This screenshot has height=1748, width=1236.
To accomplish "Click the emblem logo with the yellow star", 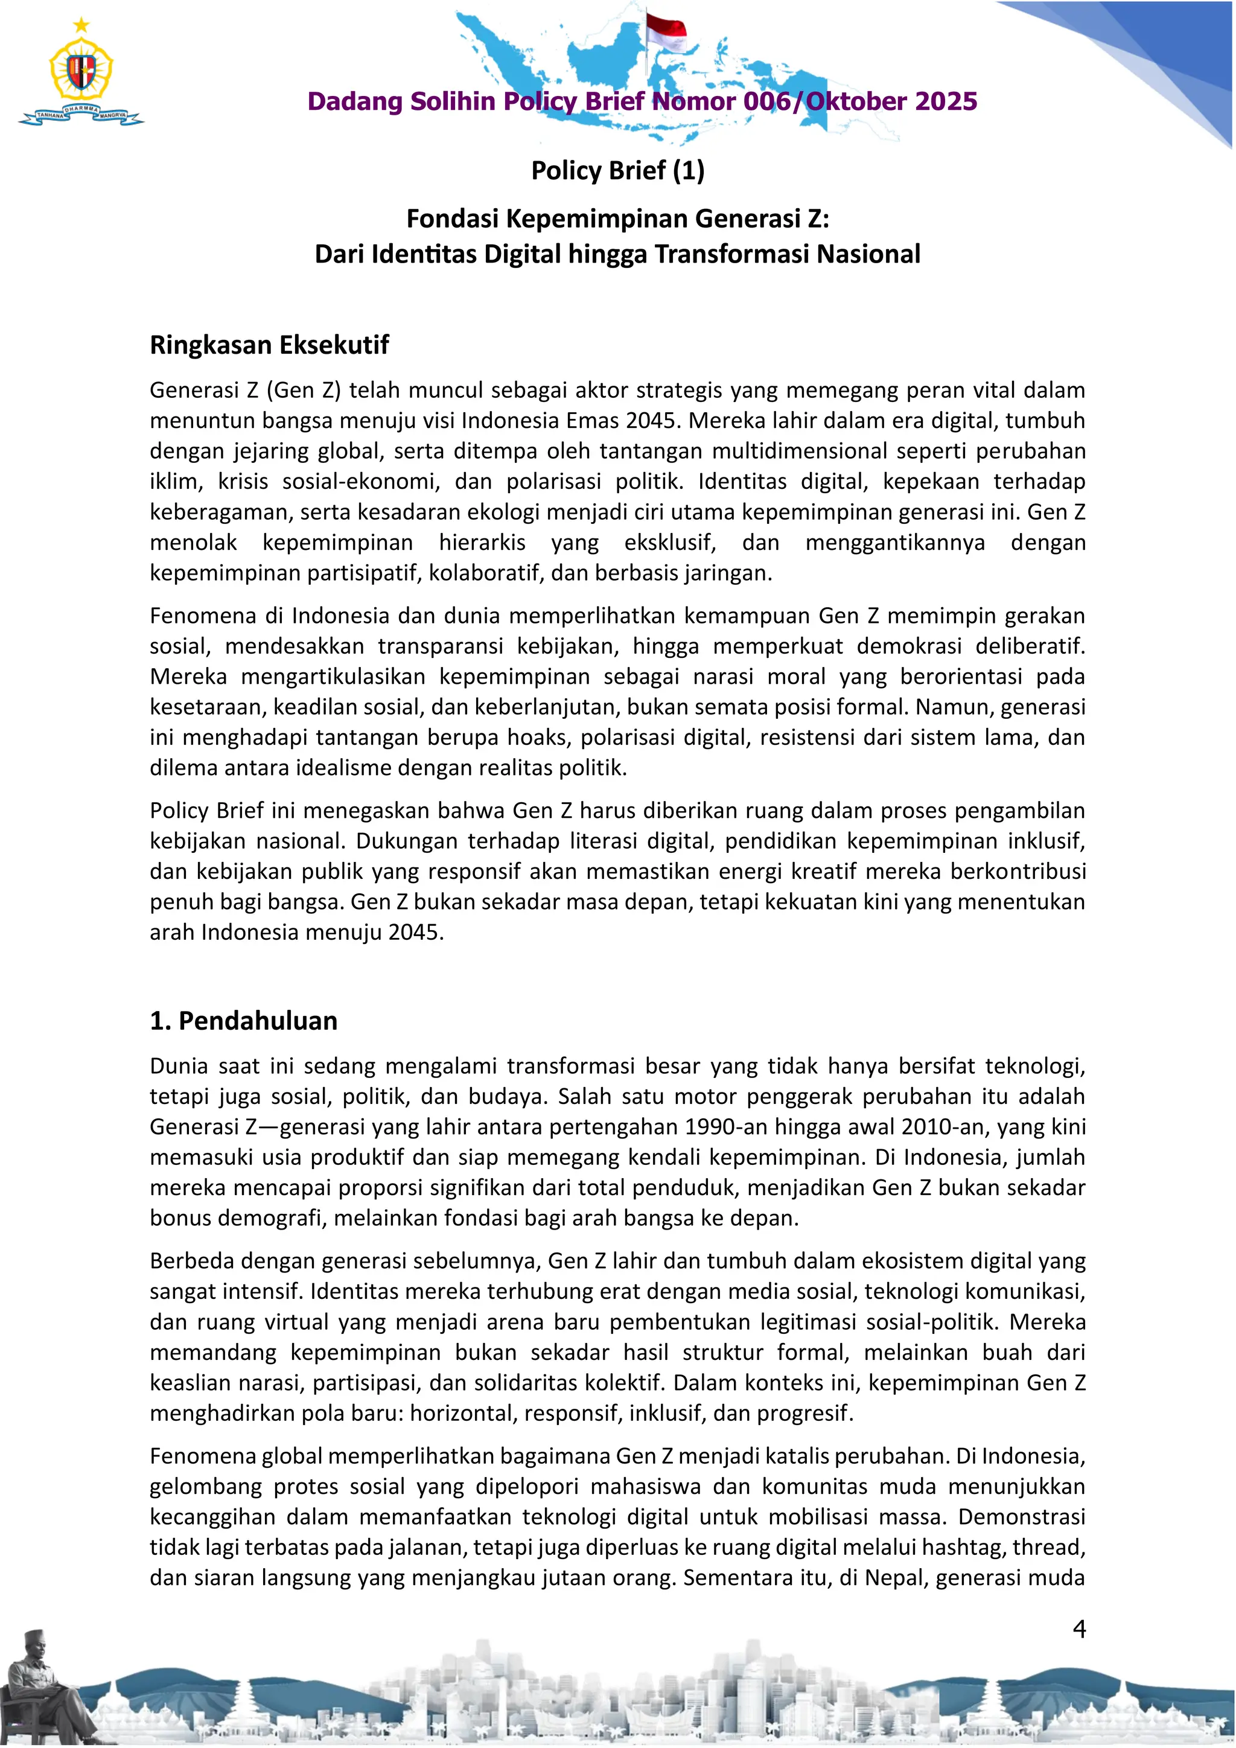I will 81,73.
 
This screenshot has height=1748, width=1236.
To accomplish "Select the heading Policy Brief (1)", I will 617,170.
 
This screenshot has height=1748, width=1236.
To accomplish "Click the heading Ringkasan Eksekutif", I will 269,345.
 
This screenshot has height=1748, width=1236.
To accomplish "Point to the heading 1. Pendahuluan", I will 244,1021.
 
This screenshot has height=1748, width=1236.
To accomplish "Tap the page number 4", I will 1078,1628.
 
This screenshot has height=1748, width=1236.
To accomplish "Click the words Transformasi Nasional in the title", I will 787,254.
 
